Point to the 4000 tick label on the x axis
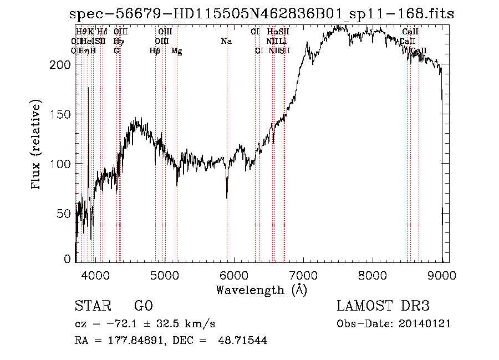(x=95, y=274)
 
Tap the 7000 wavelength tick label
(x=303, y=274)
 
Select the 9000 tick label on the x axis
(x=442, y=274)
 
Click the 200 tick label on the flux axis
(x=63, y=64)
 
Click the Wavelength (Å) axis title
(x=261, y=290)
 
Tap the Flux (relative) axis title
(x=37, y=145)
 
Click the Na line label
(x=226, y=42)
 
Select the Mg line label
(x=176, y=51)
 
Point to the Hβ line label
(x=155, y=51)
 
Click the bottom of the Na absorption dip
(x=227, y=197)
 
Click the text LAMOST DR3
(x=383, y=307)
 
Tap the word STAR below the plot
(x=93, y=307)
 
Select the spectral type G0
(x=143, y=307)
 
